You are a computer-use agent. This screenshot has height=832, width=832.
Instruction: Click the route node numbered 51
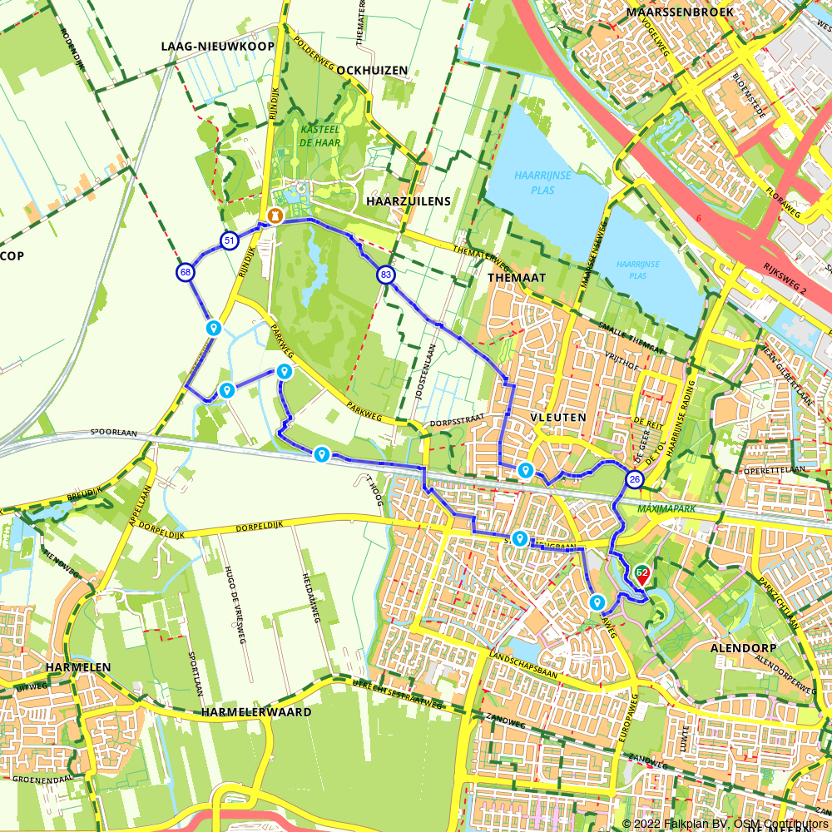229,241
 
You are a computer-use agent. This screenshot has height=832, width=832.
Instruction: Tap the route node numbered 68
186,272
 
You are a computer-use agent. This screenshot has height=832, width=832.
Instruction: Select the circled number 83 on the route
385,275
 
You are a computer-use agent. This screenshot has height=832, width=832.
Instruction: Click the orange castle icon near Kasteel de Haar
275,215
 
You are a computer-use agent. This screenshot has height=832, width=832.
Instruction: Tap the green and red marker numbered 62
641,573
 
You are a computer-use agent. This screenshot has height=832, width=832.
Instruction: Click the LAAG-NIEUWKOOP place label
217,47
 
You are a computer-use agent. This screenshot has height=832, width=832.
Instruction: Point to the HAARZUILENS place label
408,201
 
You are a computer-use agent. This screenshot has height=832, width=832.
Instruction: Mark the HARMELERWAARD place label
256,712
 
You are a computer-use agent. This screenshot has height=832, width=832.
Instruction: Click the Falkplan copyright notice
726,824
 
